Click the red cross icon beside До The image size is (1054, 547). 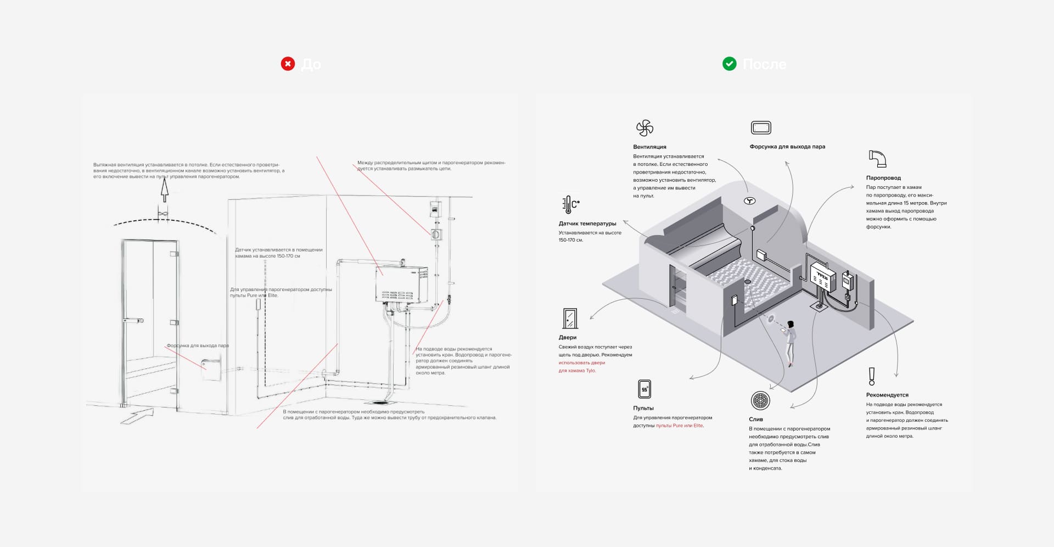(x=288, y=64)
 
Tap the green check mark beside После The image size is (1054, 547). (x=729, y=64)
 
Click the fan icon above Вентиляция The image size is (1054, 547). (x=644, y=129)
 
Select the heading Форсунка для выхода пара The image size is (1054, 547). (x=787, y=147)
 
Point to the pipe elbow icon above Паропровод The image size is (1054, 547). (x=877, y=159)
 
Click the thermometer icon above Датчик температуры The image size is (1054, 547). (x=570, y=204)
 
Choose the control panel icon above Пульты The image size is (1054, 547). (x=644, y=389)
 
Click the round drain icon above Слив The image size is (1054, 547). (x=760, y=400)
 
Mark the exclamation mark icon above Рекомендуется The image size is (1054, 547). (x=871, y=376)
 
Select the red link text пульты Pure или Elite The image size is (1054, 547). (x=679, y=426)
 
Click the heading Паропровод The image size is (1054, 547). (x=883, y=178)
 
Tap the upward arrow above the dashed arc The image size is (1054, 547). (x=164, y=189)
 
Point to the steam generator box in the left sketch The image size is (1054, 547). (x=401, y=283)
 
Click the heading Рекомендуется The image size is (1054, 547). (x=887, y=395)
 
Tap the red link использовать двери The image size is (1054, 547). (x=582, y=363)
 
